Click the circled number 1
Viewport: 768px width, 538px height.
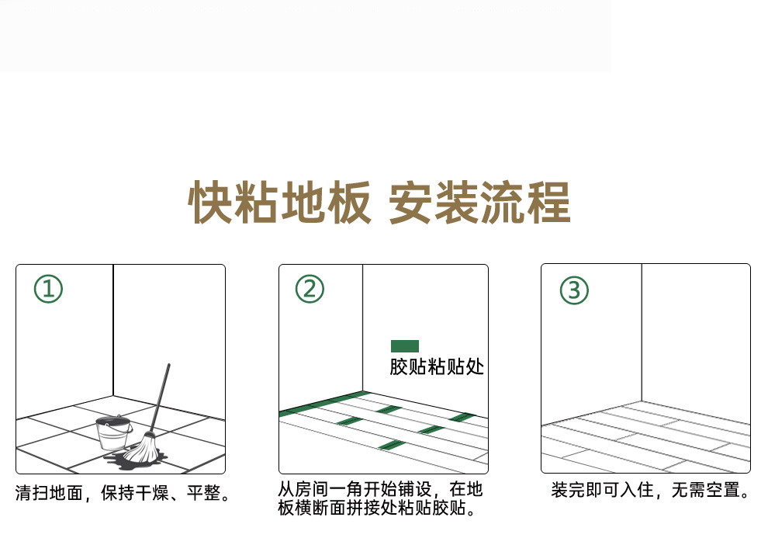point(49,289)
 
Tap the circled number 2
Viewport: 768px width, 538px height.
point(310,289)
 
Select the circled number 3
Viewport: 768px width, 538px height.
point(574,290)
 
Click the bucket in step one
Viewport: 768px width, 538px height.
point(113,433)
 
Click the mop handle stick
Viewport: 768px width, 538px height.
point(160,398)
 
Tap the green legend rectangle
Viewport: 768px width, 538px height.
point(405,346)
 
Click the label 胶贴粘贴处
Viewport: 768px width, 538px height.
point(437,366)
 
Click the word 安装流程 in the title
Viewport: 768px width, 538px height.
point(479,202)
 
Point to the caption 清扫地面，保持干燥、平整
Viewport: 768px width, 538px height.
point(123,493)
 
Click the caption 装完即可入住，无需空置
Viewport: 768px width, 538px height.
point(650,490)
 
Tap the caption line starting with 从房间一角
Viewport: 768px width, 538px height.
point(381,489)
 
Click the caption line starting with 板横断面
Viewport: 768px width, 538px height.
point(377,508)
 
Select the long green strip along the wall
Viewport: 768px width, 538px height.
point(321,404)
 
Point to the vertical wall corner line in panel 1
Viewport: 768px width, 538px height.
point(113,330)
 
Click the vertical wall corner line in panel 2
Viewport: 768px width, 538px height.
point(362,328)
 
